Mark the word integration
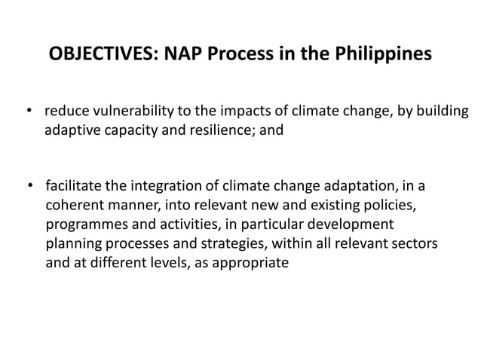pyautogui.click(x=158, y=185)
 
